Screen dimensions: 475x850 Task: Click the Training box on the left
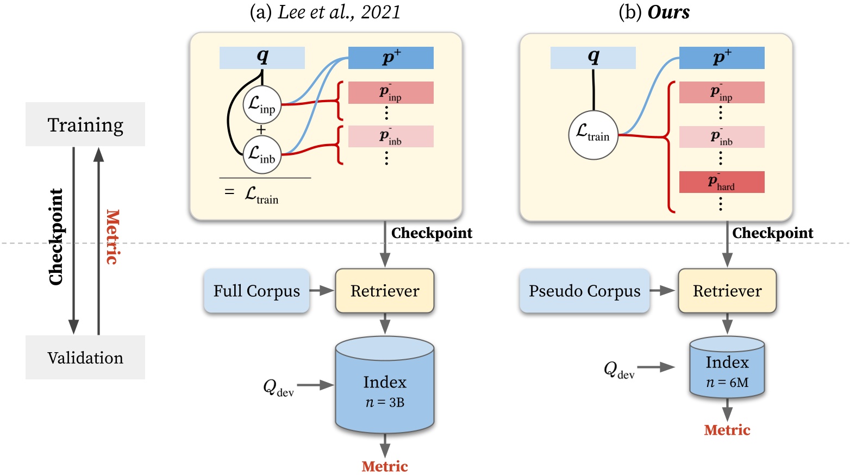(85, 124)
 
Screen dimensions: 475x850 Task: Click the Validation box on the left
(85, 358)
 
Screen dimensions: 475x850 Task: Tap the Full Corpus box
(257, 291)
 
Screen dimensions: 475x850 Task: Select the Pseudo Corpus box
(584, 291)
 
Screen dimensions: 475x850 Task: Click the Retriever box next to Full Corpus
(385, 291)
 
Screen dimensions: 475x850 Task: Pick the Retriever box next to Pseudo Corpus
(727, 291)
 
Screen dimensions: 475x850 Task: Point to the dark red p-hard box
(722, 182)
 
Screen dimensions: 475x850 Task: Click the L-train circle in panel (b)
(593, 135)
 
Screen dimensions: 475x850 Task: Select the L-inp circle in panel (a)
(262, 104)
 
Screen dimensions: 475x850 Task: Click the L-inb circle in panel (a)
(262, 155)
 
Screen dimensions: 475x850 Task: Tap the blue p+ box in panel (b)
(722, 58)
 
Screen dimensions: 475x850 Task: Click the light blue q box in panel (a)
(262, 58)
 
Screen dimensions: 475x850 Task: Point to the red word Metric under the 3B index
(385, 466)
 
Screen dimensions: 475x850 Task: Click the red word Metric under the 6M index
(727, 430)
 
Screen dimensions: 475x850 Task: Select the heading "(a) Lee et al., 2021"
(325, 12)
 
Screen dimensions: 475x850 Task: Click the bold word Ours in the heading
(668, 12)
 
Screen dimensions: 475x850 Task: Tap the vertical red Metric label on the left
(112, 237)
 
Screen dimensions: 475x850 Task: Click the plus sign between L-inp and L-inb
(261, 130)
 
